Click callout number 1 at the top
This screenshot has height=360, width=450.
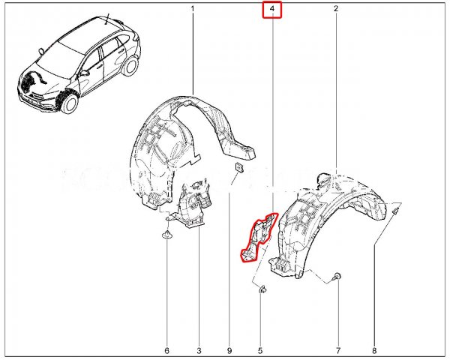point(193,9)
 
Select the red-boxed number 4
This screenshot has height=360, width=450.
point(272,9)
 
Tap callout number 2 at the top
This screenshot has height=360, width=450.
point(336,9)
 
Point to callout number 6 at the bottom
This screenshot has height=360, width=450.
point(167,350)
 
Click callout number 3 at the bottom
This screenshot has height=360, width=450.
point(199,350)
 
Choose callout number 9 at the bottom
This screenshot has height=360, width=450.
point(229,350)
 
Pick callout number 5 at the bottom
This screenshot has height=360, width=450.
point(260,350)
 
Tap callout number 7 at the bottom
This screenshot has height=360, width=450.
point(338,350)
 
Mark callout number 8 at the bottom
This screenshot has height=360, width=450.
point(374,350)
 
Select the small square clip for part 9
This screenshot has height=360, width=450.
point(239,167)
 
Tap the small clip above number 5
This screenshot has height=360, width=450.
point(262,289)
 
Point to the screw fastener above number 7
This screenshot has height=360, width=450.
point(337,277)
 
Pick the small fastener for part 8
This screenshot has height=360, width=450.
point(395,211)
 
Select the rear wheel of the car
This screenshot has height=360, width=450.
point(130,66)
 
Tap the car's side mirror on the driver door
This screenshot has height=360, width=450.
point(85,73)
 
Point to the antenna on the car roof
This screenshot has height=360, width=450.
point(107,19)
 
